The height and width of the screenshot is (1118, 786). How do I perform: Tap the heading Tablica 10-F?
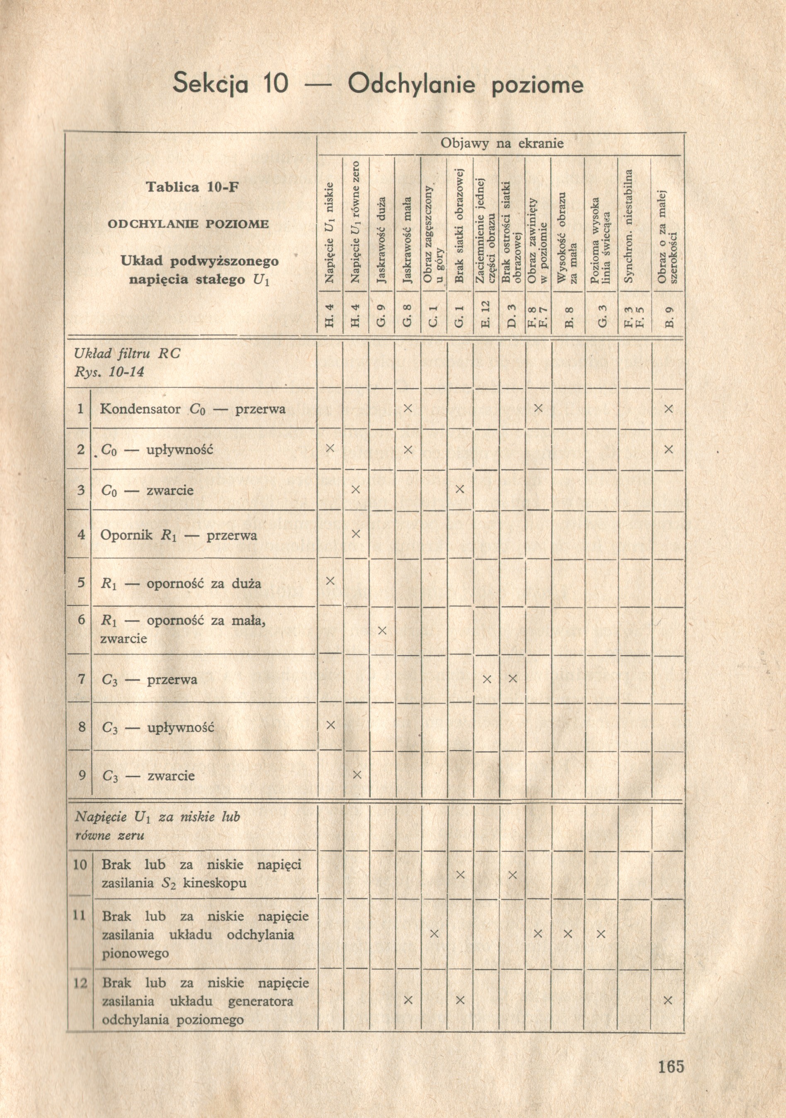193,187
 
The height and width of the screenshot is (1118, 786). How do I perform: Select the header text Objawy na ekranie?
502,143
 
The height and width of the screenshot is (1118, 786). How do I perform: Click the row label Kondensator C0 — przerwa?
192,409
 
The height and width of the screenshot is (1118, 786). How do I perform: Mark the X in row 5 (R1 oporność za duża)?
330,581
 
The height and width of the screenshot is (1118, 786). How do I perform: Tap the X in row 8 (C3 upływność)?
330,725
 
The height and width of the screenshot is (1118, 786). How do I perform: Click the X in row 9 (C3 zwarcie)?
356,774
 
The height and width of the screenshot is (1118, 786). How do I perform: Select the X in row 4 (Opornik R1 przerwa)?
356,534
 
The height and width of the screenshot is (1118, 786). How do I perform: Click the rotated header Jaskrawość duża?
381,240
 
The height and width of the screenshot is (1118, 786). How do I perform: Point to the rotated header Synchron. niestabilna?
629,226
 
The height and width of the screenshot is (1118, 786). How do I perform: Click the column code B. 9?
668,316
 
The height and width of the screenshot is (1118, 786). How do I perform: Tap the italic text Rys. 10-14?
109,372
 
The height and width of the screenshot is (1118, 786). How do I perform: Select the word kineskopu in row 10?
215,883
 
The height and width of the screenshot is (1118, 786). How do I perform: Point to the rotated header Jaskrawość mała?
408,240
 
